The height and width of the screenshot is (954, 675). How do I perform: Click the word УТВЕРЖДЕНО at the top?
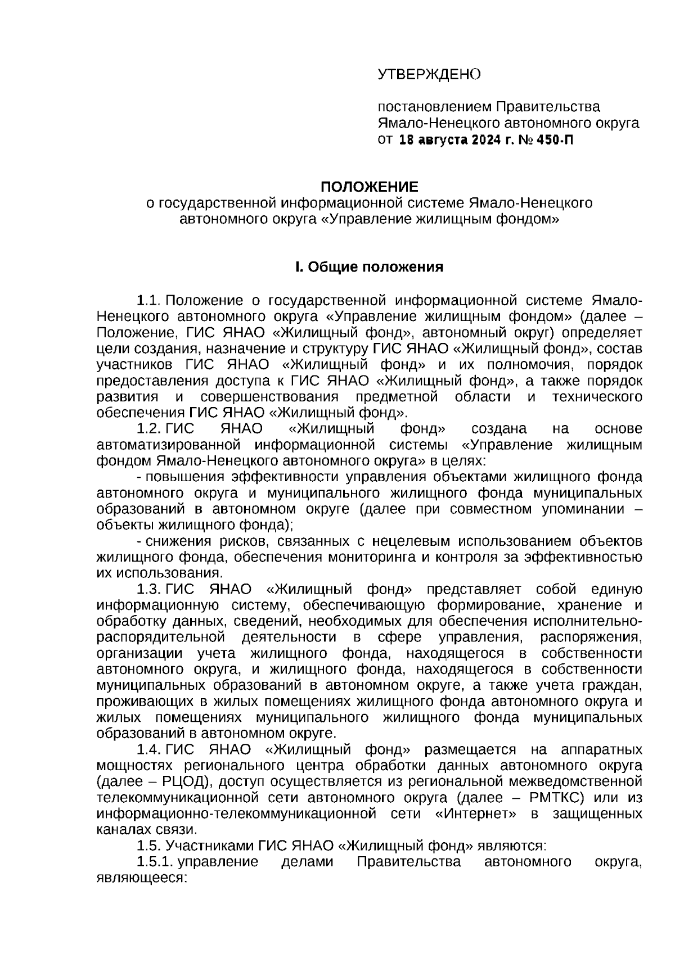coord(429,74)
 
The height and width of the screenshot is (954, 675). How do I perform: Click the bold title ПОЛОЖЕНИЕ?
coord(369,186)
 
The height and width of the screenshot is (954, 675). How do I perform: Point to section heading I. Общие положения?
coord(369,267)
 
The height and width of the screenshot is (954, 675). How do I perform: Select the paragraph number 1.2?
coord(150,429)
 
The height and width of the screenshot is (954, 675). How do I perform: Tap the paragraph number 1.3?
coord(150,590)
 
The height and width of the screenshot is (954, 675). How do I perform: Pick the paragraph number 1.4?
coord(150,750)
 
